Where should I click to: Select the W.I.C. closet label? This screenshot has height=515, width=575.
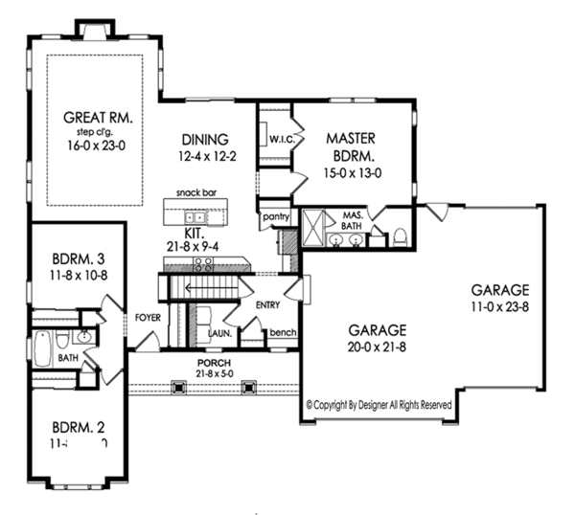coord(281,140)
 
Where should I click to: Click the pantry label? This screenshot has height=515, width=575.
coord(275,218)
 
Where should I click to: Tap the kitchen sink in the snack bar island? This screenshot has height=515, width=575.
coord(195,215)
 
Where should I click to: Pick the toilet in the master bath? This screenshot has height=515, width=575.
coord(401,235)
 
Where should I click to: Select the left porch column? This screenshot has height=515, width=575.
coord(177,388)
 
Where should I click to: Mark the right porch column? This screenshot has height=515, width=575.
coord(249,388)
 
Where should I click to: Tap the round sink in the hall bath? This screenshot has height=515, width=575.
coord(82,337)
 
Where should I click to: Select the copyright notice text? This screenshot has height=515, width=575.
coord(378,405)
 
